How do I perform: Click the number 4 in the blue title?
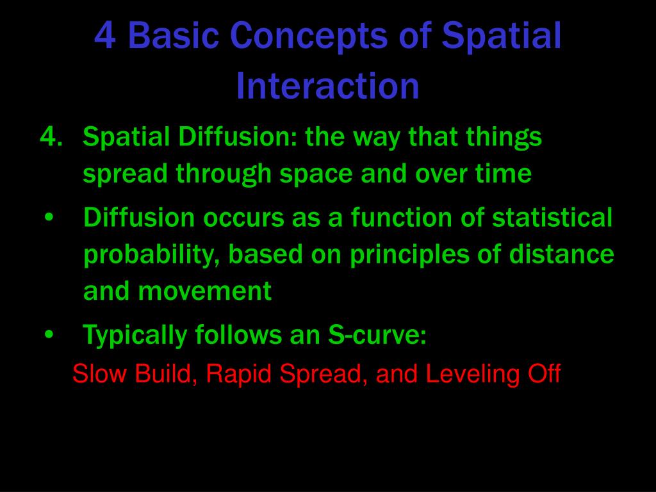click(105, 36)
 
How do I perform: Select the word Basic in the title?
click(174, 36)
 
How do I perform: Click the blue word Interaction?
click(327, 86)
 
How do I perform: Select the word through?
click(224, 174)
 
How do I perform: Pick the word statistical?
click(552, 217)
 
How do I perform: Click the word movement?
click(205, 291)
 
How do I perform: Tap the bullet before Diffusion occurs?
click(49, 218)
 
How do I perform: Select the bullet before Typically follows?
click(49, 334)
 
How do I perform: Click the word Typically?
click(135, 336)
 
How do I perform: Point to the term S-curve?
click(377, 334)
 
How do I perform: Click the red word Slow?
click(99, 373)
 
